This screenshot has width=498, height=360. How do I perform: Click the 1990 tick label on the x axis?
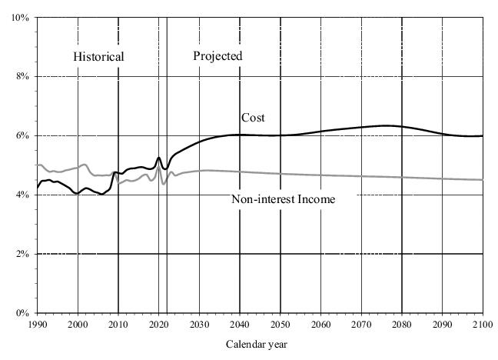[x=37, y=325]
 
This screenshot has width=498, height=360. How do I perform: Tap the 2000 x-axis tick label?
[x=78, y=325]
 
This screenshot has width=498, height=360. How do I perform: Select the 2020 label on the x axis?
[x=159, y=325]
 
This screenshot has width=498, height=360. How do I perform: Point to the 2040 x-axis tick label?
[x=240, y=325]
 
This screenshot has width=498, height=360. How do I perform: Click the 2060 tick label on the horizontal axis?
[x=320, y=325]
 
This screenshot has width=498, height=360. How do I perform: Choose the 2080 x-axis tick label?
[x=402, y=325]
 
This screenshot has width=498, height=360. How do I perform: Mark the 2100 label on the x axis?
[x=482, y=325]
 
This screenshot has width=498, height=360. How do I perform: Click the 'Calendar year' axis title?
[x=257, y=345]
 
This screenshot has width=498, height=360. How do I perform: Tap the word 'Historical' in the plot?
[x=98, y=56]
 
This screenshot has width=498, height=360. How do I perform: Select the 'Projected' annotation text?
[x=217, y=55]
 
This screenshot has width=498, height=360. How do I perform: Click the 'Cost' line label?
[x=253, y=118]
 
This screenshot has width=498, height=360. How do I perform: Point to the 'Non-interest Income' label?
[x=284, y=199]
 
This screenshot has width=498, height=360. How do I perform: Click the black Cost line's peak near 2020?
[x=158, y=158]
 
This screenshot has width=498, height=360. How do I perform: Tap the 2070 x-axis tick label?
[x=361, y=325]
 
